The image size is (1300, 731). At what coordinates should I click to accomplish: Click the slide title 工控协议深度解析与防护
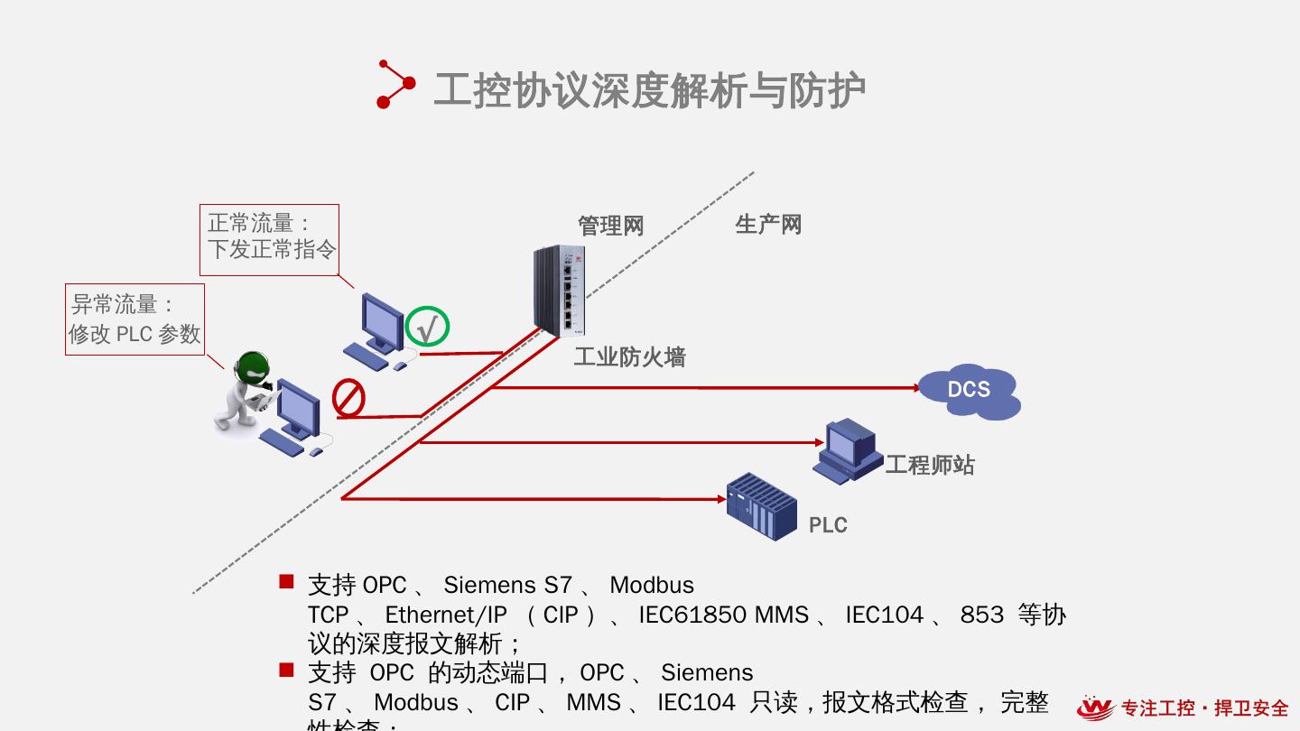click(650, 90)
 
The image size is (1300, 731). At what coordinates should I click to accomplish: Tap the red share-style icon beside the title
click(395, 84)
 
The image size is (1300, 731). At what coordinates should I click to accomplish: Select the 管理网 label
click(611, 226)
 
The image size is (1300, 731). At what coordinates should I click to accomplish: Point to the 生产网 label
click(768, 224)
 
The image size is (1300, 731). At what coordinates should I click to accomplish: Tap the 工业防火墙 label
click(629, 357)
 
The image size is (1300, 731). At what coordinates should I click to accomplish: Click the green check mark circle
click(427, 327)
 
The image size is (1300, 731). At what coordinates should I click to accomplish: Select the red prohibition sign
click(348, 398)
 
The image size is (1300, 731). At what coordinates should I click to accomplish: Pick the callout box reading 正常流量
click(269, 239)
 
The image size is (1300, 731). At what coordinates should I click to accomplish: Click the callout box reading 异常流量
click(135, 319)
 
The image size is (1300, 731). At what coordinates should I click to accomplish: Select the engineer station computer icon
click(848, 450)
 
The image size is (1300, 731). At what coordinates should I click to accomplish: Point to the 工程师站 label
click(930, 465)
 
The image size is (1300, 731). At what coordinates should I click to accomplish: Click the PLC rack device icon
click(762, 506)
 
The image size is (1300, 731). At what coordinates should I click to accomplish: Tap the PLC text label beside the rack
click(828, 525)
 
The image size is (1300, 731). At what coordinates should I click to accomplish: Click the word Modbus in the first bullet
click(652, 585)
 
